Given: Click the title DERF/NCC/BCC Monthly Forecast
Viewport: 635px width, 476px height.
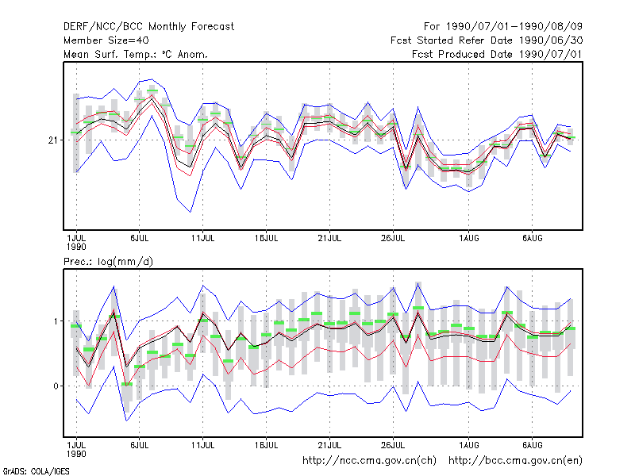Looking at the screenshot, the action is (148, 27).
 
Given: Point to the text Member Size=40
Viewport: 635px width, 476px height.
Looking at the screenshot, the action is (106, 40).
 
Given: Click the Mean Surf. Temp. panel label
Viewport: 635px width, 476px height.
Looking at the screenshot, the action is (136, 54).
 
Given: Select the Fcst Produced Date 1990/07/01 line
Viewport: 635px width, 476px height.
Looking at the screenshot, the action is (498, 54).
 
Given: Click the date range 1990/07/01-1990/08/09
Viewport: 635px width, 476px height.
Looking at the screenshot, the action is (514, 27).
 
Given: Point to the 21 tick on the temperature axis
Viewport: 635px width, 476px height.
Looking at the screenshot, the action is (53, 140).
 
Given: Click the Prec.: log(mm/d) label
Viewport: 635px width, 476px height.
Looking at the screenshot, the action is (108, 262).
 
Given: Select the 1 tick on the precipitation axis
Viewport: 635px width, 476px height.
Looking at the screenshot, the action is (56, 321).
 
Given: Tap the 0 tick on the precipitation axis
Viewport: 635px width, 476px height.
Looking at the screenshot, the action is (56, 386).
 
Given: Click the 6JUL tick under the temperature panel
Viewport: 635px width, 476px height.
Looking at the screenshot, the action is (140, 238).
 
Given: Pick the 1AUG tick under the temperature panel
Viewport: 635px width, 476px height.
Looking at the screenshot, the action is (469, 238).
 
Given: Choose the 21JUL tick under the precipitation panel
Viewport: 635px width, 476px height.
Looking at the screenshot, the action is (329, 445).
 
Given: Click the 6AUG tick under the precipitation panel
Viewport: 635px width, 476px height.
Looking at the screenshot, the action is (532, 445).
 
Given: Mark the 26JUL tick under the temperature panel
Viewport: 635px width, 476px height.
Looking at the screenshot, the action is (393, 238).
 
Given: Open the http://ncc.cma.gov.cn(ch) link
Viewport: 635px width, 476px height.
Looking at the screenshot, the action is (369, 461).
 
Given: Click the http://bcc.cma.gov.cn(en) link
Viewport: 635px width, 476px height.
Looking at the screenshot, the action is (515, 461).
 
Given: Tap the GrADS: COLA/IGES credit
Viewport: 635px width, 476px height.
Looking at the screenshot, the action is (36, 471).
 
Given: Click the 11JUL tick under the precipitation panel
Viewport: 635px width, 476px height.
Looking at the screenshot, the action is (203, 445).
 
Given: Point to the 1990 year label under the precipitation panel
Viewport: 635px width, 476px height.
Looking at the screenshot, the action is (76, 454).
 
